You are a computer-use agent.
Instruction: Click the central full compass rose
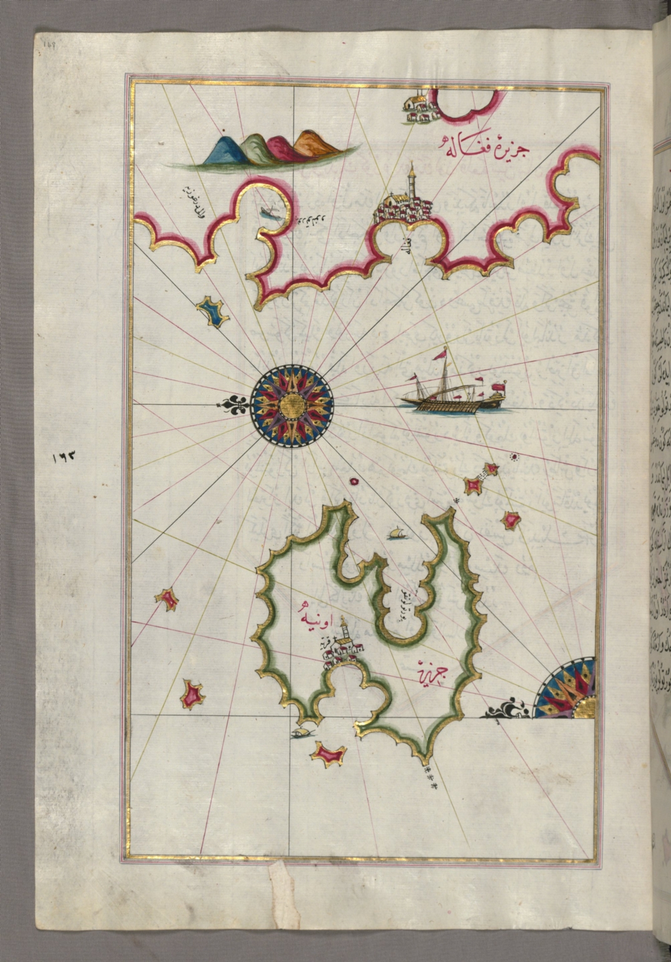point(292,405)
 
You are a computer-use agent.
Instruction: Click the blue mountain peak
point(222,150)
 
